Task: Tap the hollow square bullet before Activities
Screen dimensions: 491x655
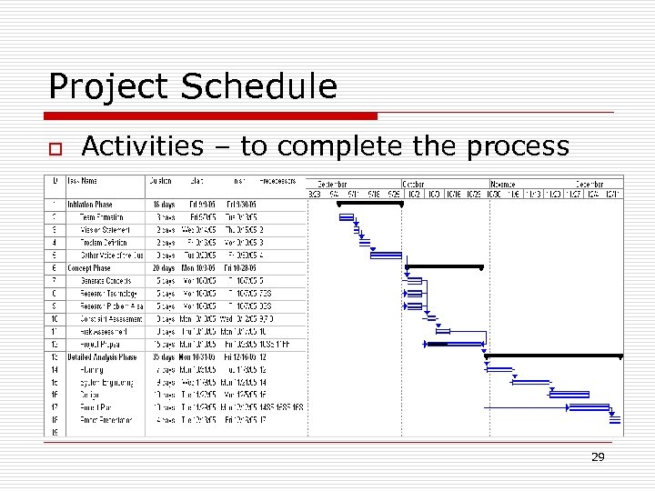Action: tap(55, 148)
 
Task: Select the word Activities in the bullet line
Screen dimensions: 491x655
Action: tap(142, 145)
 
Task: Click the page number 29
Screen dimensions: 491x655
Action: tap(598, 457)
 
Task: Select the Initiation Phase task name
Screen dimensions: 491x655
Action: tap(89, 205)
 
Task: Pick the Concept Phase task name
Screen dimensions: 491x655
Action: tap(88, 268)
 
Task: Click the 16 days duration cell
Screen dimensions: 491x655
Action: tap(162, 205)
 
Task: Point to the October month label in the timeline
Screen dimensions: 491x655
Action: tap(414, 184)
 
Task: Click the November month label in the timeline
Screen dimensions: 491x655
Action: tap(503, 184)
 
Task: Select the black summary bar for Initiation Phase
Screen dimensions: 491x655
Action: tap(368, 204)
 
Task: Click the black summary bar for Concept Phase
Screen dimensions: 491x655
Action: tap(444, 267)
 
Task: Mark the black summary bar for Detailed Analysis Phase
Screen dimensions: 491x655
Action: tap(554, 356)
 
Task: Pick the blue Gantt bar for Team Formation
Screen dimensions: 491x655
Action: tap(346, 216)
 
